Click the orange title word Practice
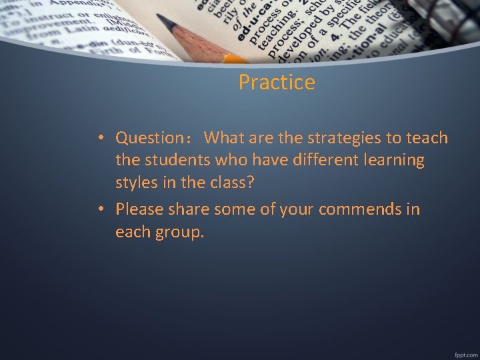277,83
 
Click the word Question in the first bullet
149,138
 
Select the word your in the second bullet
297,209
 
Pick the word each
133,233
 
